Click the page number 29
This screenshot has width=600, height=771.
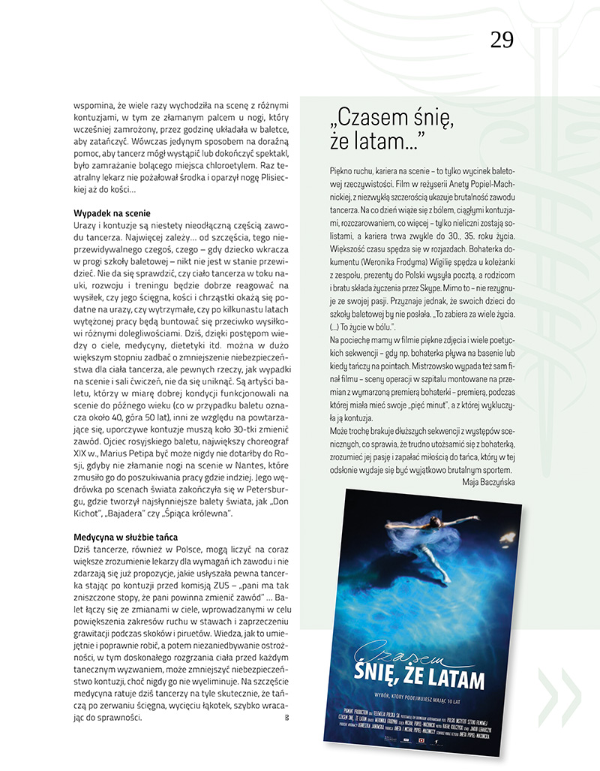[x=502, y=40]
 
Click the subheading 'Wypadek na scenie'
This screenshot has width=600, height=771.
[x=112, y=213]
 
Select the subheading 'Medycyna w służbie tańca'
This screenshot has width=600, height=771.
[x=126, y=537]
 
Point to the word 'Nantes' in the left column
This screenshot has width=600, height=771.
[x=238, y=465]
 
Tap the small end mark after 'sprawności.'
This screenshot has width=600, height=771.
[x=287, y=718]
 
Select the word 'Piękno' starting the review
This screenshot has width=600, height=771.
[x=341, y=170]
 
